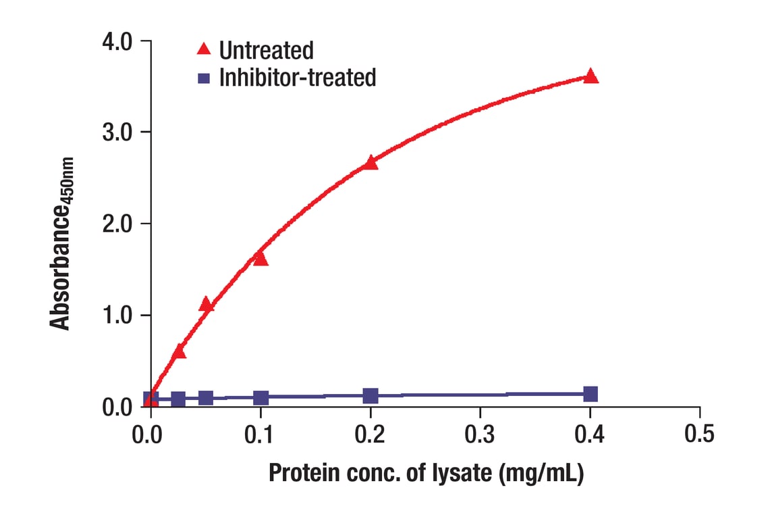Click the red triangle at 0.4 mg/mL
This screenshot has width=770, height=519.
(x=590, y=76)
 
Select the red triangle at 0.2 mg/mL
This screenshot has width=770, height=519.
(x=370, y=163)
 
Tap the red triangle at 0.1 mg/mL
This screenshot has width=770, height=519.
(x=260, y=259)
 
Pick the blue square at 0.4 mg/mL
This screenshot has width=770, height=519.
(x=590, y=394)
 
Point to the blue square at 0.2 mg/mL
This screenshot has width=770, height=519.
(x=370, y=395)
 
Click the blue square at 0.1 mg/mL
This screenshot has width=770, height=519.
(x=260, y=397)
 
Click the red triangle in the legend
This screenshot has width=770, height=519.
(x=203, y=49)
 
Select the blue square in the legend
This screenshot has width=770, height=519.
(x=203, y=78)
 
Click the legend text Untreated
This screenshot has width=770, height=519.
(x=266, y=50)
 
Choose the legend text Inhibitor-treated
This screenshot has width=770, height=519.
(x=298, y=78)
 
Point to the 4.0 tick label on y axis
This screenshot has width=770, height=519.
(x=121, y=42)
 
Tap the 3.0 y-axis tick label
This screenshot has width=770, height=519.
(x=121, y=132)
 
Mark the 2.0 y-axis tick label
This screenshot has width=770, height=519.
(x=121, y=224)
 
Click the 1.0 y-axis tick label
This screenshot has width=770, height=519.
(x=121, y=316)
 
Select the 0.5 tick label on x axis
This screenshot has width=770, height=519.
(x=699, y=433)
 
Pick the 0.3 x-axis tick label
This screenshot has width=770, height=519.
(x=480, y=433)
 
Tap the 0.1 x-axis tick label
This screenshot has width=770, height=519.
(x=260, y=433)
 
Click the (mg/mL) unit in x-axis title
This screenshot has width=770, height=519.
(x=541, y=474)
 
